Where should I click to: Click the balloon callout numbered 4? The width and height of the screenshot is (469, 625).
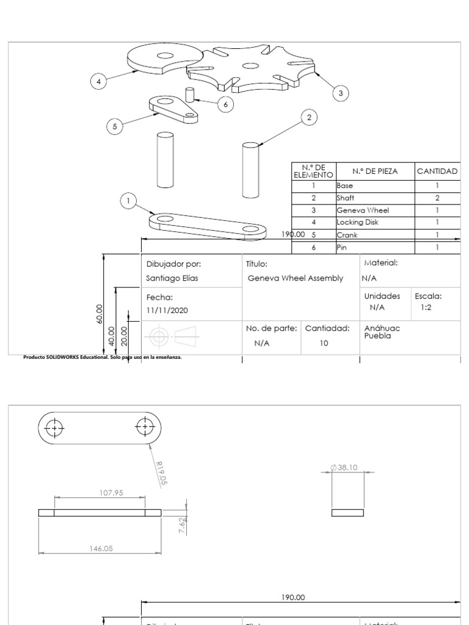(x=98, y=80)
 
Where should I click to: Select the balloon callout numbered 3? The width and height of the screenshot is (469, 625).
(x=341, y=93)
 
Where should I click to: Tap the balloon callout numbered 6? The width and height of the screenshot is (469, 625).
(x=225, y=104)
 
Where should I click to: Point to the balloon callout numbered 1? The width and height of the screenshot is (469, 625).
(x=128, y=201)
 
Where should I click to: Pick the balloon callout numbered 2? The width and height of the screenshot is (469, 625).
(x=310, y=117)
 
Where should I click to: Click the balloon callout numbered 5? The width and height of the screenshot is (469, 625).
(x=114, y=126)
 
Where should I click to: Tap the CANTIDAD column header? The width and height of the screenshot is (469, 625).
(x=437, y=172)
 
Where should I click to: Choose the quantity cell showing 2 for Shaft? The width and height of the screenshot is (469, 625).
(x=437, y=198)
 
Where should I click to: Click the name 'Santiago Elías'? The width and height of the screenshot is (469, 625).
(x=172, y=278)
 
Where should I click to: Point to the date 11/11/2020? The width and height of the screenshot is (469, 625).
(x=167, y=310)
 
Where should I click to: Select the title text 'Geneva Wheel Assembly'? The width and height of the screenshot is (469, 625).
(x=296, y=278)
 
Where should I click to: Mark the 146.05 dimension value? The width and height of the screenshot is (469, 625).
(x=101, y=548)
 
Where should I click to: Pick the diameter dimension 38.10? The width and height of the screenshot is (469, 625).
(x=346, y=468)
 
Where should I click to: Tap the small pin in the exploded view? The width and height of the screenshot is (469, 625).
(x=190, y=95)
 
